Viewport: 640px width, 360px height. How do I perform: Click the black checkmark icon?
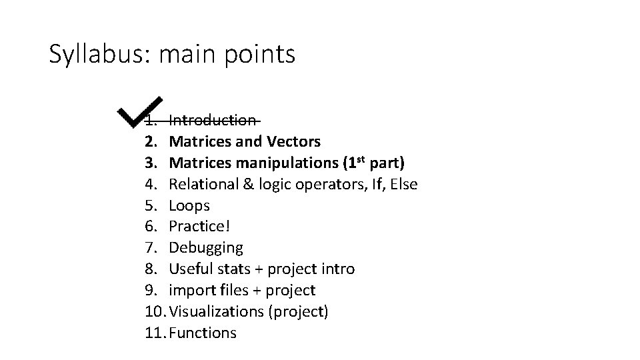click(x=141, y=113)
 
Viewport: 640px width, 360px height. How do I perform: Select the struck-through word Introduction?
click(x=212, y=121)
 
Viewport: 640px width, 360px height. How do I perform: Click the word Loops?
click(x=189, y=205)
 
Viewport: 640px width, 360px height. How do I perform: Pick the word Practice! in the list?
click(x=199, y=227)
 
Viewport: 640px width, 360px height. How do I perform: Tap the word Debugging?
click(x=206, y=248)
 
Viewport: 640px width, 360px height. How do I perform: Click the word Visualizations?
click(x=217, y=312)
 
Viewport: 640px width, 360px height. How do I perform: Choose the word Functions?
click(x=203, y=333)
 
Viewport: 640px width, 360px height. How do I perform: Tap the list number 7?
click(x=150, y=248)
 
